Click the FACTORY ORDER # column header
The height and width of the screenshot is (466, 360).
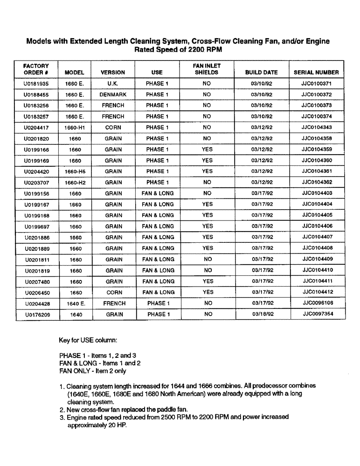(x=36, y=69)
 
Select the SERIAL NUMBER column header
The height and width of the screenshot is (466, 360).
(x=316, y=72)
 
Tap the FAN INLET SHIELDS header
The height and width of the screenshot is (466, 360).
(x=208, y=69)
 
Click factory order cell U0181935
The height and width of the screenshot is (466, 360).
(x=36, y=83)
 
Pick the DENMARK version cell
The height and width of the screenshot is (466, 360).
(x=113, y=94)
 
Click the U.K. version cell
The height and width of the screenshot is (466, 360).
(x=113, y=83)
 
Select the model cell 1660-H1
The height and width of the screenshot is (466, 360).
(x=75, y=128)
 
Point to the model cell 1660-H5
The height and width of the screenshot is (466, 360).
(x=75, y=171)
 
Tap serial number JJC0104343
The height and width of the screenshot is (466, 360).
(x=316, y=127)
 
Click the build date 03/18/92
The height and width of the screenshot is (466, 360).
(x=262, y=314)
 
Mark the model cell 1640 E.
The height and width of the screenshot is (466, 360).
(x=75, y=303)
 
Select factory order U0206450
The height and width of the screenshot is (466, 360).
(x=36, y=293)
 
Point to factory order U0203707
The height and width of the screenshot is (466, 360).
(x=36, y=183)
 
